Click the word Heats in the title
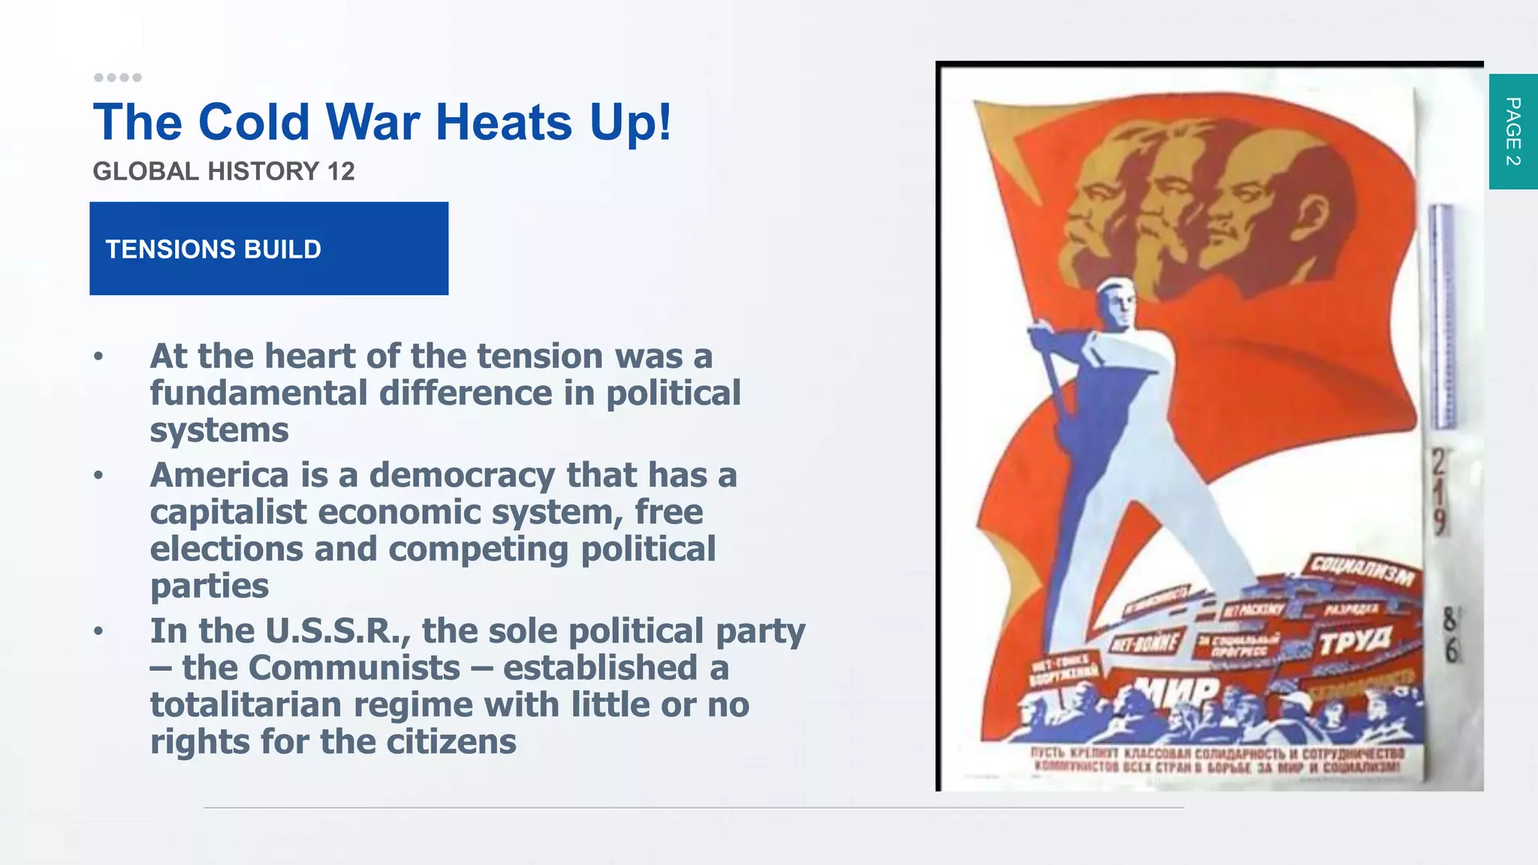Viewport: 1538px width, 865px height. pos(505,122)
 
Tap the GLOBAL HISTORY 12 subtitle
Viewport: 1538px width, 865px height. pos(223,171)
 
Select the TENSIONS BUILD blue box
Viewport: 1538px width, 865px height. pos(269,249)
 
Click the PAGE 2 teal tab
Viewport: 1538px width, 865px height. pos(1513,131)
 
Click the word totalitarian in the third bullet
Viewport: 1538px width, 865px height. pos(246,705)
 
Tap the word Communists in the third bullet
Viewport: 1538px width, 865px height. pos(354,668)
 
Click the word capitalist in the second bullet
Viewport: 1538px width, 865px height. pos(228,512)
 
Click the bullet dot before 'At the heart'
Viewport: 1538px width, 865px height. pos(98,357)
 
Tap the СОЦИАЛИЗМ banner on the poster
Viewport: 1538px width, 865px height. pos(1362,571)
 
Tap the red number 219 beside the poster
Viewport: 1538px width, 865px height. pos(1438,492)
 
